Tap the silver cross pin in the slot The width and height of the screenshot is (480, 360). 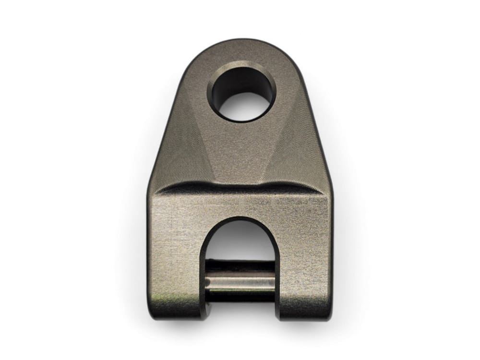(x=240, y=280)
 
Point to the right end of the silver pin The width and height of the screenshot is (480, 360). (x=273, y=280)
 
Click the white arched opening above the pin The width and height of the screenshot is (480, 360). (x=240, y=242)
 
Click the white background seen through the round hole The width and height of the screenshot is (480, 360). (x=245, y=106)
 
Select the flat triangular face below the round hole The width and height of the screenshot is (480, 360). (x=240, y=154)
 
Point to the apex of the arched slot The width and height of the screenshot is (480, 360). (x=240, y=220)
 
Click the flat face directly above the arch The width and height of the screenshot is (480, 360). (x=240, y=204)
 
